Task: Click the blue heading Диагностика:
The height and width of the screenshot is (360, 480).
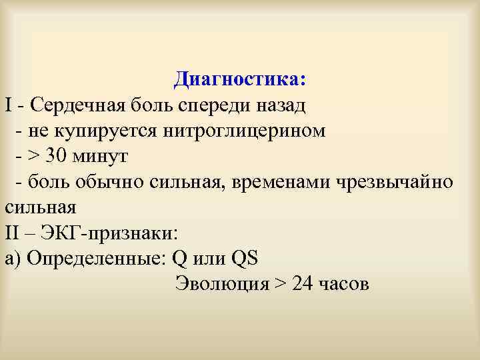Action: coord(240,79)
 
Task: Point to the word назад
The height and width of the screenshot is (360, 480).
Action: coord(281,105)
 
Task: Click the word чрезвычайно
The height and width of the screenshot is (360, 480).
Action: coord(399,181)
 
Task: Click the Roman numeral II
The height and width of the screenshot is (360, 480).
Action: coord(14,232)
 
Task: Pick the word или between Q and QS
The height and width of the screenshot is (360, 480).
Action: coord(209,257)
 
